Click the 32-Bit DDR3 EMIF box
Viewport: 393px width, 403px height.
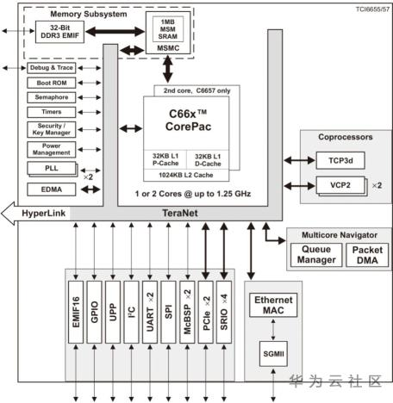59,32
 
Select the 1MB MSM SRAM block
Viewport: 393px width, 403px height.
168,29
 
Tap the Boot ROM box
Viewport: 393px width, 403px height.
52,83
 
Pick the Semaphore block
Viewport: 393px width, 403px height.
52,97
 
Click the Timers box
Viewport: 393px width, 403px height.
52,112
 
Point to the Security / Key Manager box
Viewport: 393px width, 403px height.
52,129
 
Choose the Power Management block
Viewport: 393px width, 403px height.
52,149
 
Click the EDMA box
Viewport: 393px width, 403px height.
52,189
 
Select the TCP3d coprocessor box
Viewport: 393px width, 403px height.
340,160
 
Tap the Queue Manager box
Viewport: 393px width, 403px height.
316,255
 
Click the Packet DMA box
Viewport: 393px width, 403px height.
367,255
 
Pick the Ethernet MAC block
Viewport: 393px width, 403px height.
273,305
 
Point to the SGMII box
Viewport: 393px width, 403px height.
273,354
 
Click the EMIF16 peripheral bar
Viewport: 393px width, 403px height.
76,312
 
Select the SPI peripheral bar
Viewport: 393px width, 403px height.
168,312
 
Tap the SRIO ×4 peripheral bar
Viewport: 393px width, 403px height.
224,312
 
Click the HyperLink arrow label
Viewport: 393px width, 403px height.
44,214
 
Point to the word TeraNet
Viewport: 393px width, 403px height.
180,213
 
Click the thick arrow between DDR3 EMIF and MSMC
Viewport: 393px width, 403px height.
115,32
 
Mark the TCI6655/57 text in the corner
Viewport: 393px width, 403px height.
372,9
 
